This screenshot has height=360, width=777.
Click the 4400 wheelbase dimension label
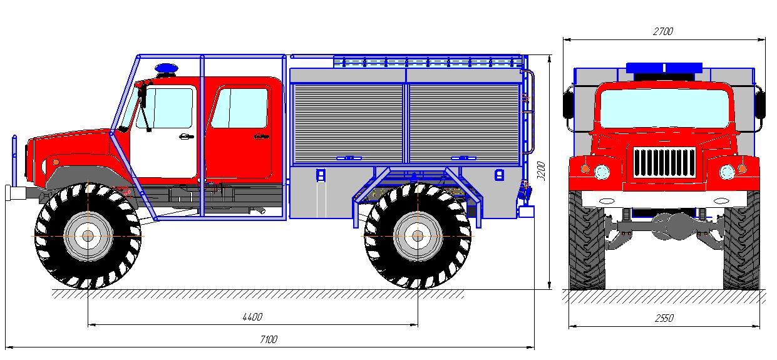pos(252,317)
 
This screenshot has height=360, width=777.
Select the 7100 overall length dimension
pos(269,339)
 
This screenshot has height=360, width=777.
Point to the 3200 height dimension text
pos(542,171)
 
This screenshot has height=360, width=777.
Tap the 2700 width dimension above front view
pos(663,31)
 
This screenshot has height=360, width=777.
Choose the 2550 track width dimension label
pos(664,318)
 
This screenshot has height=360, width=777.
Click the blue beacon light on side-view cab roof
pos(167,68)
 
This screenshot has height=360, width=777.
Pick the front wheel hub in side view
pos(88,236)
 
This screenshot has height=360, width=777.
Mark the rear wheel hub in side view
pos(418,236)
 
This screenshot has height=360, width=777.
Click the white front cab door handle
pos(187,136)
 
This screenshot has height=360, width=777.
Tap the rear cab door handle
pos(262,136)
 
